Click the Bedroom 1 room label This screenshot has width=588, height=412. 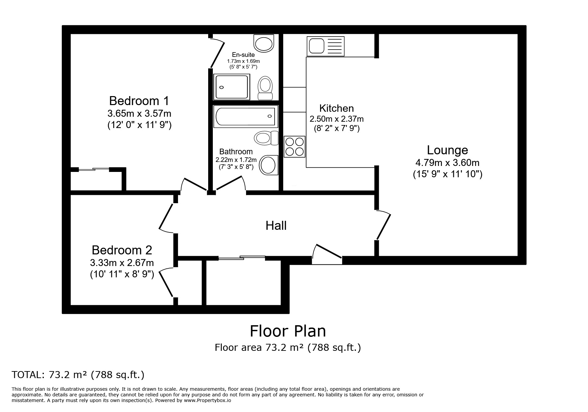pos(139,101)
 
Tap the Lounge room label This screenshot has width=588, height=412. pos(447,150)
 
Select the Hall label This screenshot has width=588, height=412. pos(276,226)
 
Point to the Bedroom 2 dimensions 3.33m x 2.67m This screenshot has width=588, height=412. pos(122,263)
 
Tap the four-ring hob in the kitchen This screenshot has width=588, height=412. pos(294,147)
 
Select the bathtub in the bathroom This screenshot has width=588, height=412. pos(246,116)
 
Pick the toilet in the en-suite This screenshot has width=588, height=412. pos(265,88)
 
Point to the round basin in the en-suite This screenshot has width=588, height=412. pos(264,43)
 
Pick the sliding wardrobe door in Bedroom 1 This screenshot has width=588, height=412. pos(94,170)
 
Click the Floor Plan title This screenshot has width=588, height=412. pos(288,331)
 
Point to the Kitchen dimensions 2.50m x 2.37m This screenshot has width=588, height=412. pos(337,119)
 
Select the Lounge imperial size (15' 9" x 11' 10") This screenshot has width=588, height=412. pos(448,174)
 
